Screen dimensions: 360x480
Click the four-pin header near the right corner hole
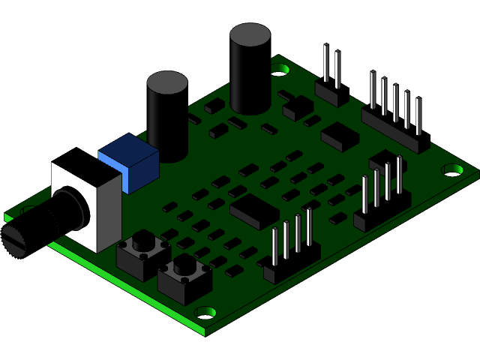[x=382, y=199]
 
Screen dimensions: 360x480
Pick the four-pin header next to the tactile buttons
[x=292, y=251]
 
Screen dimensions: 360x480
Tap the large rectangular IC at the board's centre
[x=254, y=209]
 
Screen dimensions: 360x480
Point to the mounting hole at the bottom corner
[x=205, y=311]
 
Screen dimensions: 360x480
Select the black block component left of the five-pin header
[x=340, y=134]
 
